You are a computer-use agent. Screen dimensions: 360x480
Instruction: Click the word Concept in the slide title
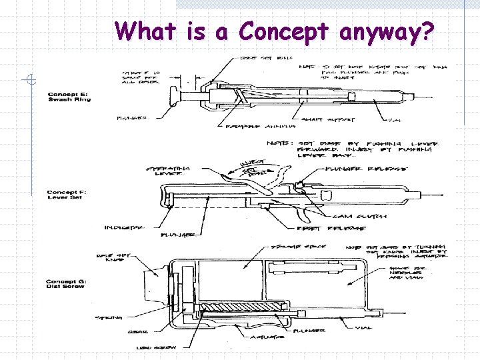(x=284, y=31)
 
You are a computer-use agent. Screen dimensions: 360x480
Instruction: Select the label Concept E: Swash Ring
(x=69, y=97)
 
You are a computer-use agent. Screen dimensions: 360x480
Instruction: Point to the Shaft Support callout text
(x=328, y=120)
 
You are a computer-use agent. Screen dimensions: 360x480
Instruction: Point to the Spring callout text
(x=107, y=317)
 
